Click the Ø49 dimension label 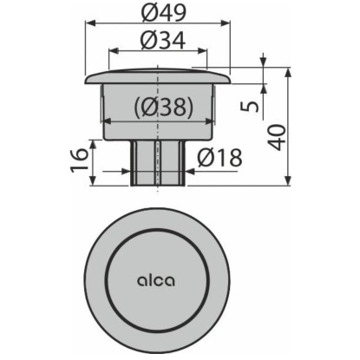pos(165,13)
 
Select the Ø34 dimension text pos(162,41)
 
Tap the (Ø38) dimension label pos(164,107)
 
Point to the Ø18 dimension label pos(220,158)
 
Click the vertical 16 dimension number pos(79,160)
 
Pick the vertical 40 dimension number pos(277,137)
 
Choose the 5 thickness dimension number pos(250,107)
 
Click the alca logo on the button pos(155,280)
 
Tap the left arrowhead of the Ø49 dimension pos(90,23)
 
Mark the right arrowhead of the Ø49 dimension pos(226,23)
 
